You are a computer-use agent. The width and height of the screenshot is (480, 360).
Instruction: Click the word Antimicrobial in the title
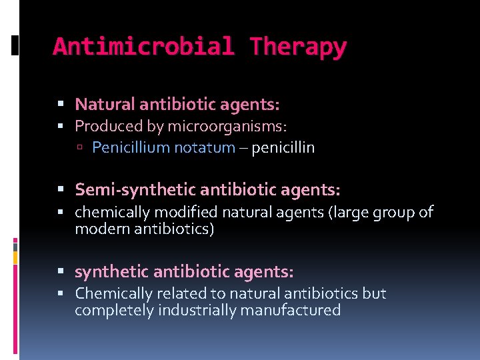pyautogui.click(x=143, y=47)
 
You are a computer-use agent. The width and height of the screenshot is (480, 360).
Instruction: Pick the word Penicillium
pyautogui.click(x=131, y=147)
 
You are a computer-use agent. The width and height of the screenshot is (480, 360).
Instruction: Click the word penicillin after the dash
pyautogui.click(x=283, y=147)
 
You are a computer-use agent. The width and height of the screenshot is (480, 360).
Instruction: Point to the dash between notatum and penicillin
pyautogui.click(x=243, y=148)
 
